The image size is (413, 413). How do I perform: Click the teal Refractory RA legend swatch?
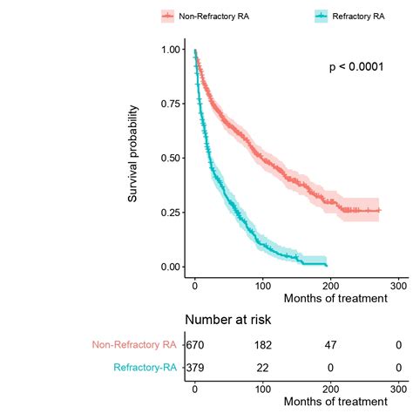click(x=323, y=17)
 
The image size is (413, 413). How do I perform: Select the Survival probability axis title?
click(x=133, y=154)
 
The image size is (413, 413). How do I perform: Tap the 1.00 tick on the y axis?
click(x=172, y=50)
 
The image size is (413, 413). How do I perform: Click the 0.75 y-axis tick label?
click(x=172, y=104)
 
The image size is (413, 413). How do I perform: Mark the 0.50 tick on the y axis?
click(x=172, y=158)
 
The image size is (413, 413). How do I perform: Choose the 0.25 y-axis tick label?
click(x=172, y=212)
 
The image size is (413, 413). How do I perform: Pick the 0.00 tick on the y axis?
click(x=172, y=266)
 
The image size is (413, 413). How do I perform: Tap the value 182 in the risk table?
click(x=262, y=346)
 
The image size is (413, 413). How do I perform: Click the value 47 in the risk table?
click(x=330, y=346)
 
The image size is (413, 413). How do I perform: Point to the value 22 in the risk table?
click(x=262, y=368)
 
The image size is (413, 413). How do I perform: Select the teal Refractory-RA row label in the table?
click(x=139, y=368)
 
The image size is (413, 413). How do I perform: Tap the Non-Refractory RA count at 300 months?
click(x=398, y=346)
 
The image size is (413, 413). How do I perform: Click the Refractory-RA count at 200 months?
click(x=330, y=368)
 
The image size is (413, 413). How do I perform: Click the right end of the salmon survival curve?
click(x=379, y=210)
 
